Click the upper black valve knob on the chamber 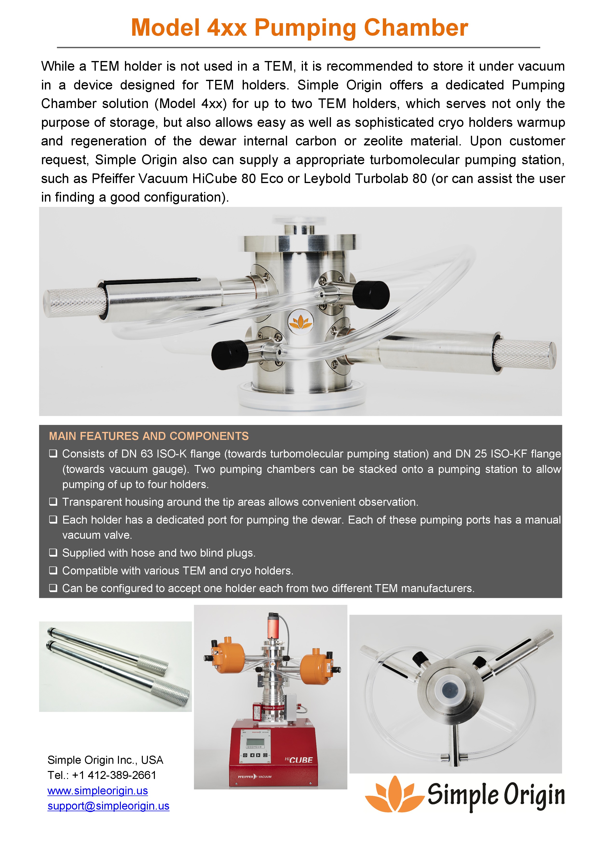[x=371, y=294]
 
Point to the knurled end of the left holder [x=74, y=303]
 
